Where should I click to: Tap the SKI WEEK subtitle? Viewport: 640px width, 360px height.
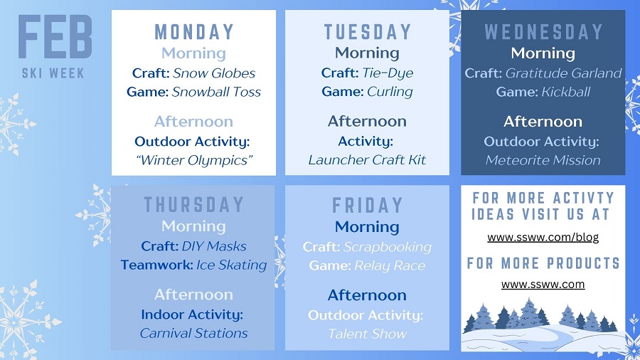click(x=54, y=73)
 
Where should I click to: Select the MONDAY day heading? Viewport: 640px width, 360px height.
click(x=193, y=32)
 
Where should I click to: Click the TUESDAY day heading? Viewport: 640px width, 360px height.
click(x=367, y=32)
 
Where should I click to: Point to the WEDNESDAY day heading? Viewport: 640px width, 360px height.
click(x=543, y=32)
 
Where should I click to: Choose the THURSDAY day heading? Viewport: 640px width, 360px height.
click(x=193, y=205)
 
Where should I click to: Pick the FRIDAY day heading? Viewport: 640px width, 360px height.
click(x=367, y=206)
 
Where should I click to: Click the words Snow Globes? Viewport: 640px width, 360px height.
click(x=223, y=73)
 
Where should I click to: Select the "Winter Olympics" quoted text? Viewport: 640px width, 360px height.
click(x=193, y=159)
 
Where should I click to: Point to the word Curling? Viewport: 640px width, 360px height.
click(x=390, y=92)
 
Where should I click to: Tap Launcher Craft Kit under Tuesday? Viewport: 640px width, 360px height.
click(x=367, y=159)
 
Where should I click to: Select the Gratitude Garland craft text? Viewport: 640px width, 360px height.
click(x=563, y=73)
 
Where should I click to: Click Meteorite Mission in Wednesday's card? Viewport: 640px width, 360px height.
click(x=543, y=159)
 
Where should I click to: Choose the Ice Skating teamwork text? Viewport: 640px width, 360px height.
click(x=231, y=265)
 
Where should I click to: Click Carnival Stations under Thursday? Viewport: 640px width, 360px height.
click(x=193, y=333)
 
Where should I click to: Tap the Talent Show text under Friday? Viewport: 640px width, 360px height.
click(x=367, y=333)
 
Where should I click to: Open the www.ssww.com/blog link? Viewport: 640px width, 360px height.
click(x=543, y=237)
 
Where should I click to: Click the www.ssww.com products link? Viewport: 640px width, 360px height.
click(x=543, y=284)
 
